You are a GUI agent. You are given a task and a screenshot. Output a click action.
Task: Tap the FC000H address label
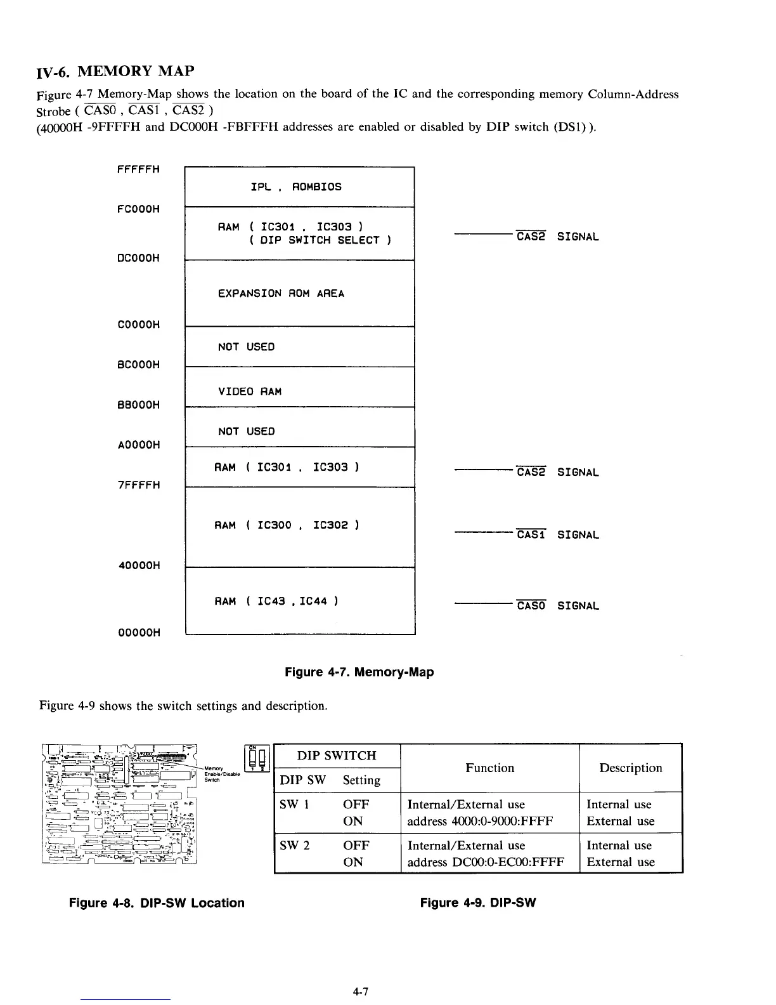[138, 209]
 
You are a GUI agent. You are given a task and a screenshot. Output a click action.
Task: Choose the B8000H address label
[138, 405]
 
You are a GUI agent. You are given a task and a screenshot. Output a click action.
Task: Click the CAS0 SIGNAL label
[557, 606]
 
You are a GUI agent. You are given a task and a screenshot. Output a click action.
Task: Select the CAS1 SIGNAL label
[557, 535]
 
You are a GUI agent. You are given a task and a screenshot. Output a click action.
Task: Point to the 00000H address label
[138, 633]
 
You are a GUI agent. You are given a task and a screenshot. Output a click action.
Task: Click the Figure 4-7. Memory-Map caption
[359, 672]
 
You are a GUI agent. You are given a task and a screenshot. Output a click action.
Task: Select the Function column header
[489, 768]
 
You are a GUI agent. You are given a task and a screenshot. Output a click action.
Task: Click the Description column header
[630, 768]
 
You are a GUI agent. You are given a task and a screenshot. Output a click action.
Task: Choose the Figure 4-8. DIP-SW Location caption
[157, 903]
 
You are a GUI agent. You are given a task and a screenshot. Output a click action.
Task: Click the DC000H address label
[138, 258]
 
